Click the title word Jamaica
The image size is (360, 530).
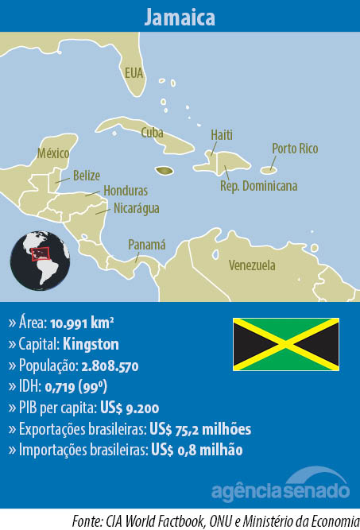pos(180,17)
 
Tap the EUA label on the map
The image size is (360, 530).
pos(134,73)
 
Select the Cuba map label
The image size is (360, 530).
pos(152,133)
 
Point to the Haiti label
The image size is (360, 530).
pos(222,135)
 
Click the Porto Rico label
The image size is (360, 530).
pos(295,149)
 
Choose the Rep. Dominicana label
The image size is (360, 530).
pos(258,186)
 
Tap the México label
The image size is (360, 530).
pos(54,153)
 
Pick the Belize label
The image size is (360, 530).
pos(86,175)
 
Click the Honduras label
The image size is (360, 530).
pos(126,191)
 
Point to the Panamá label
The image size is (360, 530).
pos(147,245)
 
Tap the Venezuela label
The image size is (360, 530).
pos(251,265)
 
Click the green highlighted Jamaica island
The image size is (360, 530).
pos(165,170)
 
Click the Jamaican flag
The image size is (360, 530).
pos(285,344)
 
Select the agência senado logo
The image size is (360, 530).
pos(281,486)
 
